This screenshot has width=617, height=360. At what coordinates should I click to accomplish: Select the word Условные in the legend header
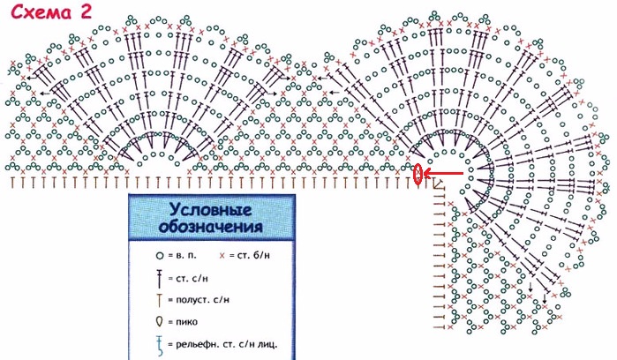tap(210, 211)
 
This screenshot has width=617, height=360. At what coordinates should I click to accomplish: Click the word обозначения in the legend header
tap(210, 227)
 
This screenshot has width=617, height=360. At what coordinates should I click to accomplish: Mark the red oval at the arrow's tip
tap(417, 175)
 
